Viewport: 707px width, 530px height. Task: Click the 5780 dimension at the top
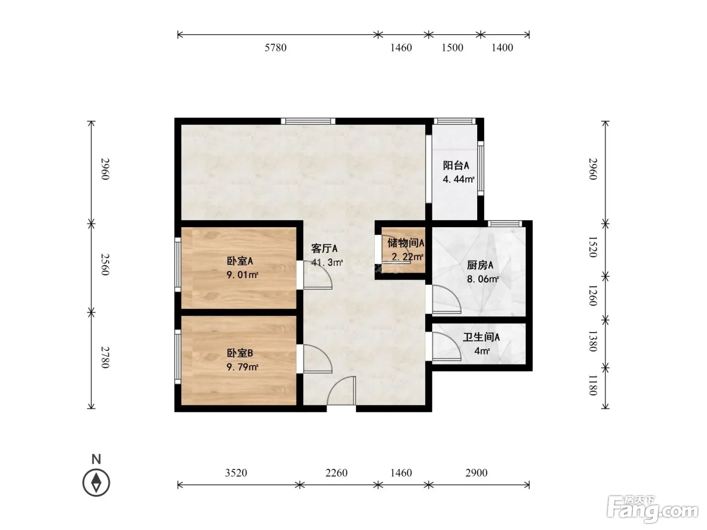click(275, 47)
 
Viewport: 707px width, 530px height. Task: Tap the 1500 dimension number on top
click(452, 47)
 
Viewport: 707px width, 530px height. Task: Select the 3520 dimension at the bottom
click(236, 473)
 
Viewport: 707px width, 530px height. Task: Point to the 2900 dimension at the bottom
click(476, 473)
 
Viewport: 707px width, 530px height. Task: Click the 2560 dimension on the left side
click(106, 264)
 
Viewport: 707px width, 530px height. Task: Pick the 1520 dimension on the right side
click(593, 247)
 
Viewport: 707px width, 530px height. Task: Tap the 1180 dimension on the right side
click(593, 385)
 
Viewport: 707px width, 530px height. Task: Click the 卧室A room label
click(240, 261)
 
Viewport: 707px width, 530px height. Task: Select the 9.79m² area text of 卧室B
click(242, 367)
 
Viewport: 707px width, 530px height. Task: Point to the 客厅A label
click(324, 248)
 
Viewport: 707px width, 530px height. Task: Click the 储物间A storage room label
click(406, 243)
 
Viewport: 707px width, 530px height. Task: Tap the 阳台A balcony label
click(456, 166)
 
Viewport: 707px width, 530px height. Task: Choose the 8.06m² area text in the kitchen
click(483, 279)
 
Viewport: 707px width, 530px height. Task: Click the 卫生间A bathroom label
click(481, 337)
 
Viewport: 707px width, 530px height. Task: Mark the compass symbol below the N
click(96, 483)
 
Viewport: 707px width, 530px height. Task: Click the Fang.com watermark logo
click(652, 509)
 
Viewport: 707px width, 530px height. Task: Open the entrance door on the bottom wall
click(341, 391)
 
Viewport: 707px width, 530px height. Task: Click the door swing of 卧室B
click(318, 359)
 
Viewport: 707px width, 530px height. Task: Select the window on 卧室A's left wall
click(177, 264)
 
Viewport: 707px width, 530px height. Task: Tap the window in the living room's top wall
click(308, 121)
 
